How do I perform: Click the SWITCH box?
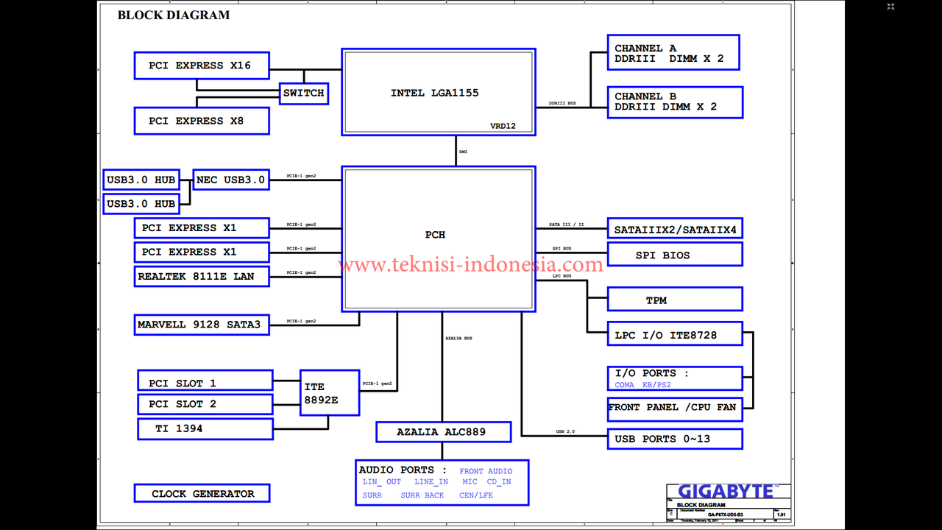304,93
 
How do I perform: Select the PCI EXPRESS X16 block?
202,66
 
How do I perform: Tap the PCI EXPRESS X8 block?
202,121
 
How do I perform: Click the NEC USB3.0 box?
230,180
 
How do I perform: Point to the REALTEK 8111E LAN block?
202,276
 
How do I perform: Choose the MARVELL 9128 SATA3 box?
202,324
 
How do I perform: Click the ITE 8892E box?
330,392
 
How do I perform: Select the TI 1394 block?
205,428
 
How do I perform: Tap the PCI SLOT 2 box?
205,404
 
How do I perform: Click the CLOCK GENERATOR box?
202,493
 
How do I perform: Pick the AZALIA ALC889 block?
443,432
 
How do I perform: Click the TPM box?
675,300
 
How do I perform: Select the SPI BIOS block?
675,255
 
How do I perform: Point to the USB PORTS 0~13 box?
675,439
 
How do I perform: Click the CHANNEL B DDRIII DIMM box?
675,102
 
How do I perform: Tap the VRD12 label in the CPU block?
503,126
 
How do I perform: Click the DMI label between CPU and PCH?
464,152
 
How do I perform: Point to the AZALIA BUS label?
459,338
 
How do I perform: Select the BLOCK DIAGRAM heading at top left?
174,15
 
